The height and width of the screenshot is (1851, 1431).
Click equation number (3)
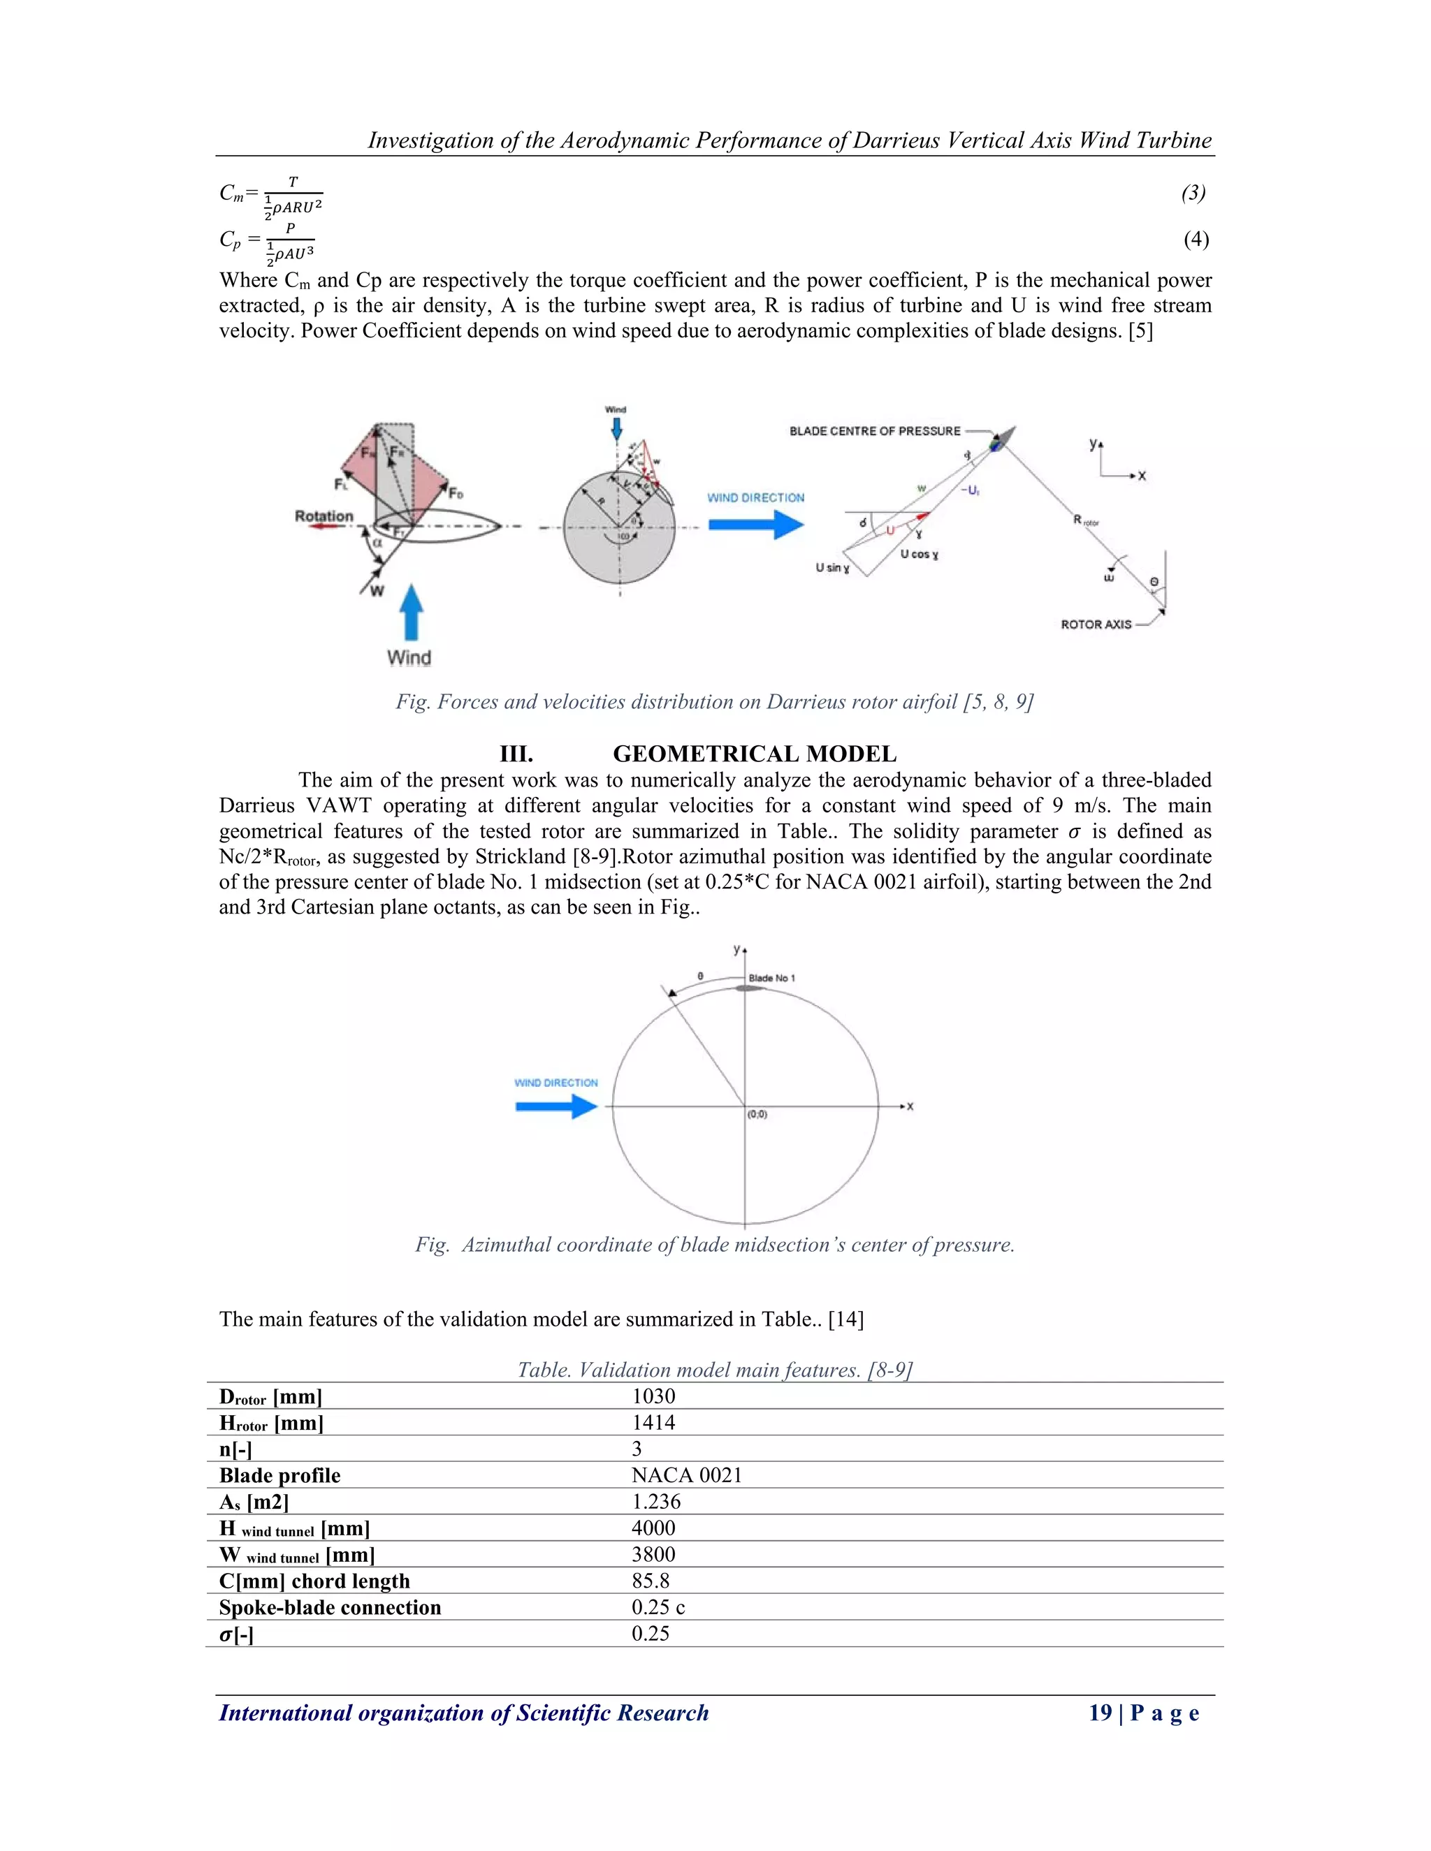coord(1193,193)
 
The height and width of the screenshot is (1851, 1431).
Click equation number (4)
coord(1196,240)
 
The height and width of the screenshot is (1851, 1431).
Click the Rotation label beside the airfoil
coord(324,516)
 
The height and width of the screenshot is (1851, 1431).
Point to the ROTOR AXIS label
coord(1096,624)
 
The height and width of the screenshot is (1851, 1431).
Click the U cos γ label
coord(919,555)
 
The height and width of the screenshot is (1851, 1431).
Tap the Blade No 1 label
coord(771,978)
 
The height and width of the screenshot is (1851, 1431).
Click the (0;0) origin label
coord(757,1115)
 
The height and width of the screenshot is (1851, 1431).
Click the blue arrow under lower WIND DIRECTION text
coord(556,1106)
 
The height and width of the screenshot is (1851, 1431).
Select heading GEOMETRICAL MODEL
coord(754,754)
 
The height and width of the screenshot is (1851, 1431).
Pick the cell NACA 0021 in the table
coord(687,1475)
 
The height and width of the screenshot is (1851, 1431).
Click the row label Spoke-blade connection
coord(330,1608)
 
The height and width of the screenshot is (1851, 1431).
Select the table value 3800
coord(653,1554)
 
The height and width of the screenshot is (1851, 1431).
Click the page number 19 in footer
coord(1100,1713)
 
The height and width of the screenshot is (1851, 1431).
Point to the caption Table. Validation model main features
coord(714,1370)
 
